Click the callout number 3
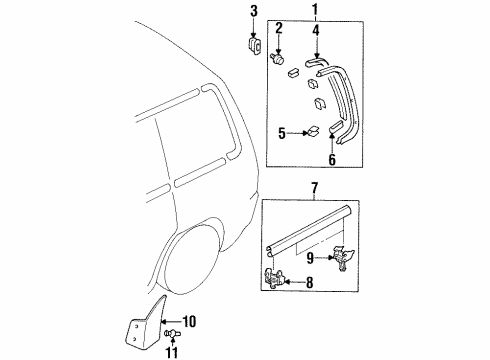(254, 11)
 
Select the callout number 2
(279, 28)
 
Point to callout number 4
(316, 30)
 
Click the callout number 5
(282, 134)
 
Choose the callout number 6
(332, 159)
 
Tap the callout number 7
(315, 189)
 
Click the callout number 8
(310, 283)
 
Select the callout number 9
(310, 258)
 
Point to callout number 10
(189, 322)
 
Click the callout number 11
(172, 352)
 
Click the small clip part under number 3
(254, 45)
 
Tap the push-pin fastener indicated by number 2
(277, 59)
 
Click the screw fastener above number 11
(173, 333)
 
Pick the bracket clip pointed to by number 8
(274, 277)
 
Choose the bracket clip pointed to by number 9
(343, 258)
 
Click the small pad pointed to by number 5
(313, 131)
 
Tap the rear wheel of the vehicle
(192, 260)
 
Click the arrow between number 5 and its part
(297, 133)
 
